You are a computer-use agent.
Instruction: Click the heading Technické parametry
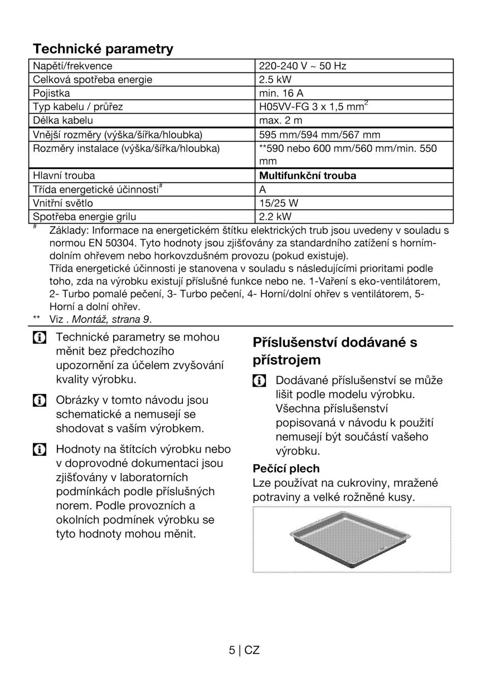point(103,49)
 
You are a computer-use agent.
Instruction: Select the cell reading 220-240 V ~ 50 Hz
point(303,66)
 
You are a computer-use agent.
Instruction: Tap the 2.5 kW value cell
point(275,80)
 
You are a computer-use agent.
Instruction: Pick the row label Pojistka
point(51,93)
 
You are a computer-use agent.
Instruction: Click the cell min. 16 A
point(281,93)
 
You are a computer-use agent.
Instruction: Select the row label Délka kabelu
point(63,120)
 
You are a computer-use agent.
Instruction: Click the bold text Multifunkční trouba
point(308,176)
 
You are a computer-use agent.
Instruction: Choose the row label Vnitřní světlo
point(63,203)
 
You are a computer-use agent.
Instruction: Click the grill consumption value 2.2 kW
point(275,216)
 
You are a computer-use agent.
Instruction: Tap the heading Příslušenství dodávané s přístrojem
point(335,351)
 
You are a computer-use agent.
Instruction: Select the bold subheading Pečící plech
point(286,469)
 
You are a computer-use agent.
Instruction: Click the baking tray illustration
point(351,539)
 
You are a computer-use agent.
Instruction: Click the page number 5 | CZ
point(244,650)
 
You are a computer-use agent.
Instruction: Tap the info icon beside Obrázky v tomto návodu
point(39,400)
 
